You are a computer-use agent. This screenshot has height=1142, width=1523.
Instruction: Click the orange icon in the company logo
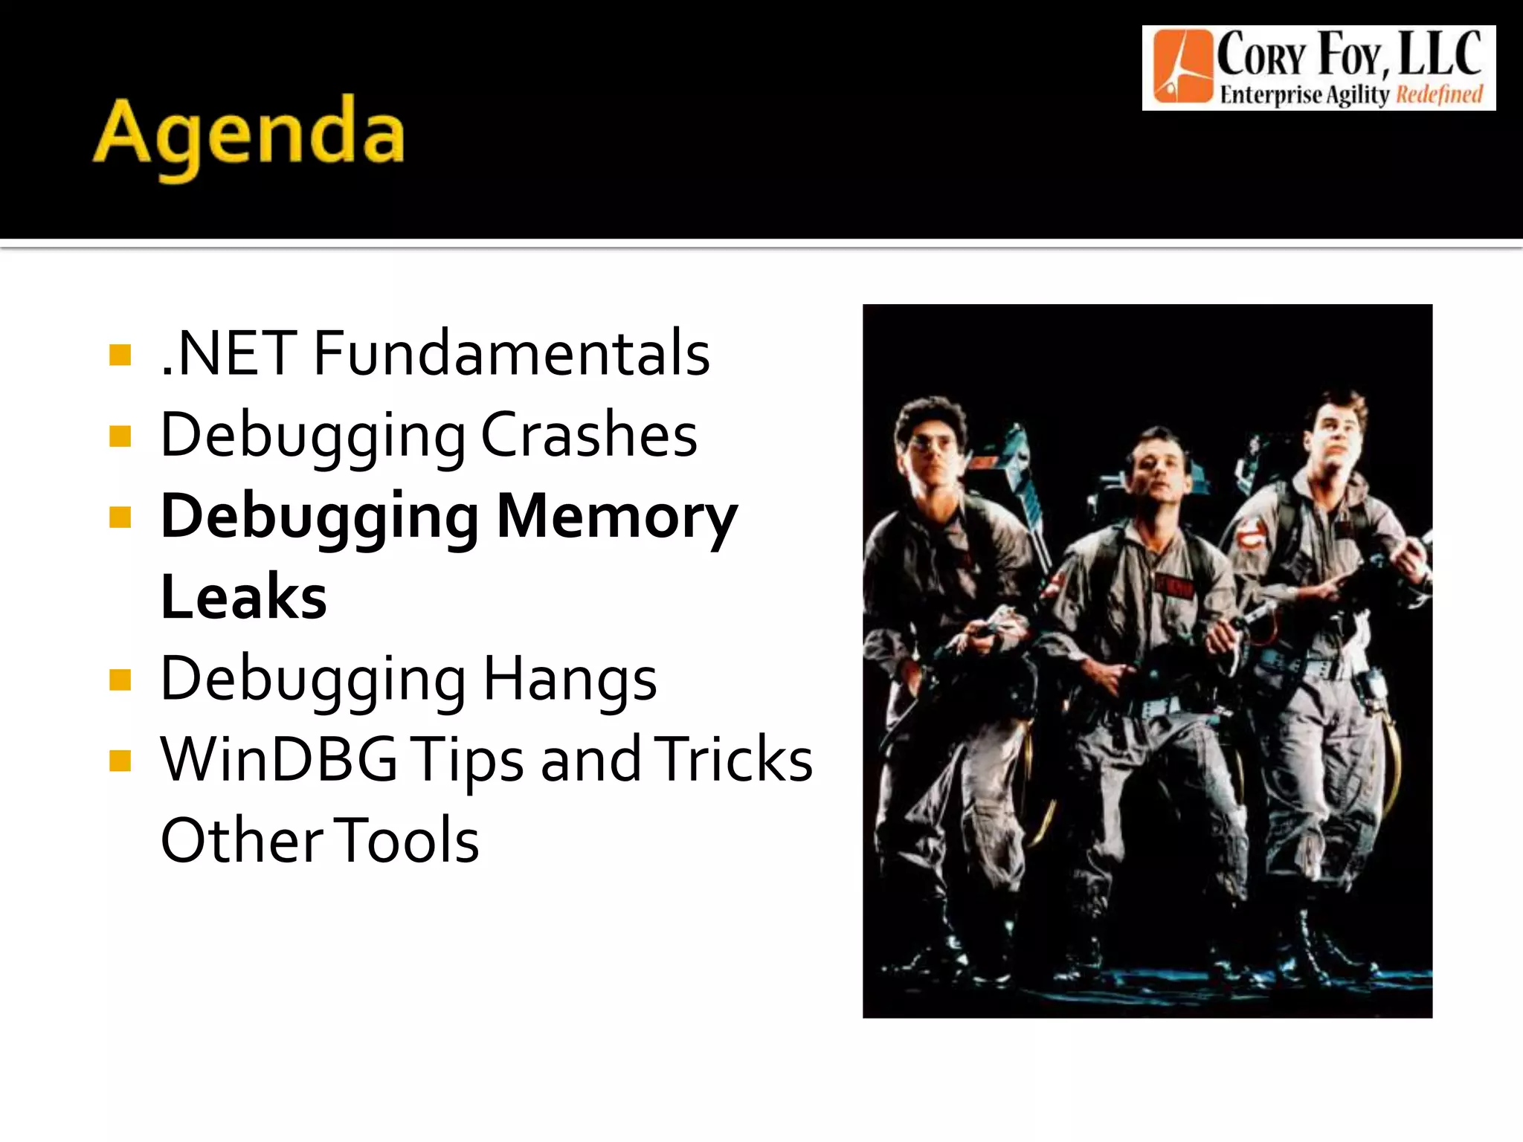point(1182,67)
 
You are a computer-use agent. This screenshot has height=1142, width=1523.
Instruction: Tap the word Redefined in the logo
point(1439,95)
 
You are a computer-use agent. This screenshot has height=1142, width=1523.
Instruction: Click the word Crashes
point(589,435)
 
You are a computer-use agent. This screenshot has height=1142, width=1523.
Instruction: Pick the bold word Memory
point(616,517)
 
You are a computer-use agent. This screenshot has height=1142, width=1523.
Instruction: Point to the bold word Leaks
point(244,597)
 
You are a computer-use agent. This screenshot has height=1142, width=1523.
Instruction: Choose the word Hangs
point(570,678)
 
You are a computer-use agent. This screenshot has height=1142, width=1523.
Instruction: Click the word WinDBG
point(279,759)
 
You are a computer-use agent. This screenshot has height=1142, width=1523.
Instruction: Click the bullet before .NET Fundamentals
point(120,355)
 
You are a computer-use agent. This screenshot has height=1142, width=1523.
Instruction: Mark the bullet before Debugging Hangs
point(120,680)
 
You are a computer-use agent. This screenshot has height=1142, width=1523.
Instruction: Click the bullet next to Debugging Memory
point(120,517)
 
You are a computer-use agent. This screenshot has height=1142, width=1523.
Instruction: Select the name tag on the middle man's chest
point(1173,586)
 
